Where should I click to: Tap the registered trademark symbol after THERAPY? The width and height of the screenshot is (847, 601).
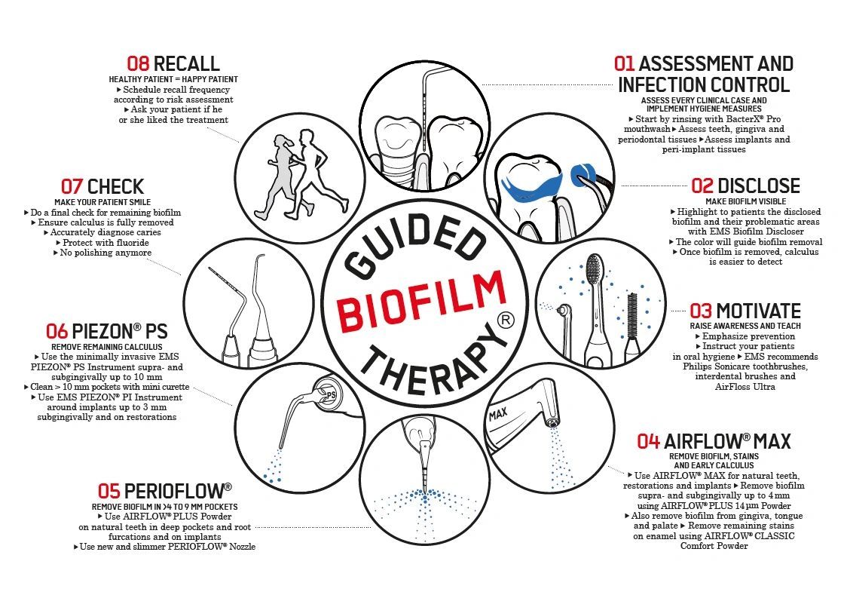pyautogui.click(x=506, y=320)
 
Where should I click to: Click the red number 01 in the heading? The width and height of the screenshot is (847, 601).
pyautogui.click(x=625, y=64)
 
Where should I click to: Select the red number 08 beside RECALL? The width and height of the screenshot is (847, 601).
pyautogui.click(x=138, y=64)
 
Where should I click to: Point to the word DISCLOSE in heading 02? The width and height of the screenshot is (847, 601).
pyautogui.click(x=758, y=186)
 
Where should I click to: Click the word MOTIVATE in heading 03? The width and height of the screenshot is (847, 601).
pyautogui.click(x=758, y=311)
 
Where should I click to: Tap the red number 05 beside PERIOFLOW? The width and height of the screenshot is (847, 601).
pyautogui.click(x=109, y=492)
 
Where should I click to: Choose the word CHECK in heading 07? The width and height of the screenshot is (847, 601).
pyautogui.click(x=115, y=186)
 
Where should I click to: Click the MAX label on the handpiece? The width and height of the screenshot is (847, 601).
pyautogui.click(x=498, y=414)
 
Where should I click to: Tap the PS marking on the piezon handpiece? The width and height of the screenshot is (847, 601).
pyautogui.click(x=331, y=395)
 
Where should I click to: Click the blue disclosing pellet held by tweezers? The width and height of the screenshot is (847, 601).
pyautogui.click(x=581, y=175)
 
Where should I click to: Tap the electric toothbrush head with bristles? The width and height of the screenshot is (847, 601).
pyautogui.click(x=595, y=274)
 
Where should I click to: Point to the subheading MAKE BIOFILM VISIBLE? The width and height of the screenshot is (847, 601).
pyautogui.click(x=745, y=201)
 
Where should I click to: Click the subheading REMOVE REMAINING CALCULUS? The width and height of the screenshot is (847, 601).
pyautogui.click(x=107, y=347)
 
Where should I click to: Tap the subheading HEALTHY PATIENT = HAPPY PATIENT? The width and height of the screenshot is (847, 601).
pyautogui.click(x=173, y=79)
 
